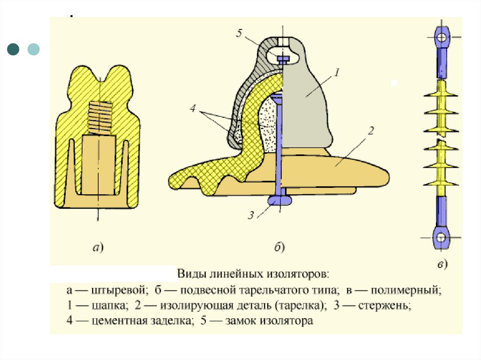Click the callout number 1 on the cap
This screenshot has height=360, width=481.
click(x=337, y=72)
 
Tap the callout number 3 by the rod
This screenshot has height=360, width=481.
click(x=251, y=215)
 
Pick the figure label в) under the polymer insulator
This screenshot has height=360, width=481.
click(x=442, y=264)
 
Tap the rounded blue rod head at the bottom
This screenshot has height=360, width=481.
click(x=280, y=200)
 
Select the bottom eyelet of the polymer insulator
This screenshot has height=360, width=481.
click(x=441, y=238)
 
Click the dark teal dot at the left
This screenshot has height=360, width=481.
click(x=15, y=49)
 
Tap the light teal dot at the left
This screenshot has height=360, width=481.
click(x=34, y=49)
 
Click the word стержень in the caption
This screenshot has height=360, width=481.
click(x=385, y=306)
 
